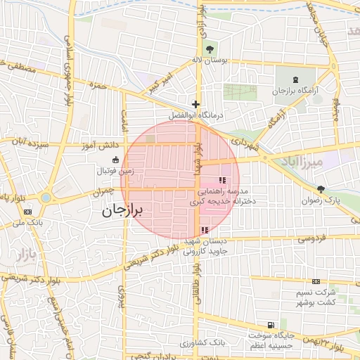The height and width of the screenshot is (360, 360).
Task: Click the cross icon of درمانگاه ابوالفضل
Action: tap(196, 104)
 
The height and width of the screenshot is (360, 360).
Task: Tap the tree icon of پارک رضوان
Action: tap(321, 188)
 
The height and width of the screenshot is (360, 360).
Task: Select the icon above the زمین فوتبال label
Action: tap(115, 160)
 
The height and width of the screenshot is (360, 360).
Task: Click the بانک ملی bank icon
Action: tap(27, 212)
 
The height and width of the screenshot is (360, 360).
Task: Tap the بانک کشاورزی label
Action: tap(201, 342)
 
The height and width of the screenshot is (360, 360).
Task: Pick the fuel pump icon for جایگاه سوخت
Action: tap(270, 325)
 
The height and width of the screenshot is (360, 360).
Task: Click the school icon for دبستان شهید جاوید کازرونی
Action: tap(205, 230)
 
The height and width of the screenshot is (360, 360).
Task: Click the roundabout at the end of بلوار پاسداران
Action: tap(46, 198)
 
